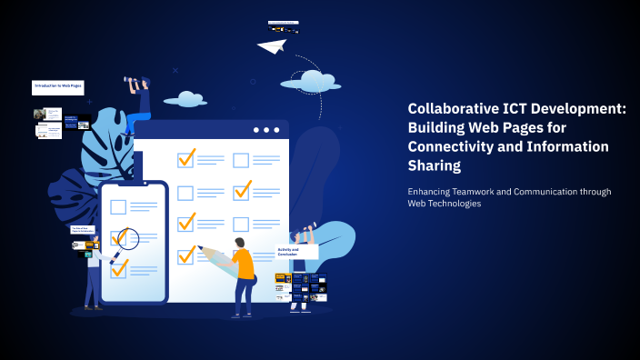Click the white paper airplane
271,45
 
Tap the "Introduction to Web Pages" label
58,87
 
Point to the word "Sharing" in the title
435,166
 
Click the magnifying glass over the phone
125,240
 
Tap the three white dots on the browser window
266,130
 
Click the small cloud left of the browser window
185,97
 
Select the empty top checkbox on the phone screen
118,206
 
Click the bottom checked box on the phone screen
119,267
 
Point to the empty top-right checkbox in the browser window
241,160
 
